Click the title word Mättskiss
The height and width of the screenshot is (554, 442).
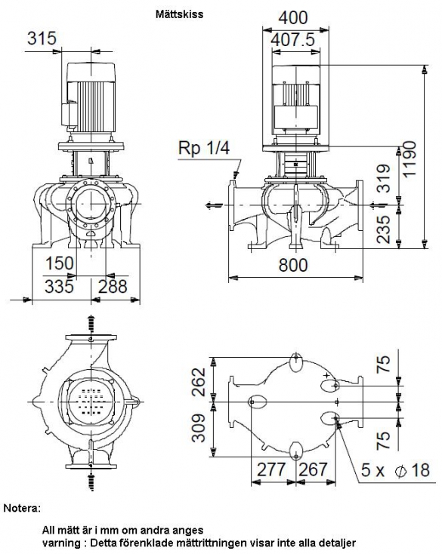(179, 14)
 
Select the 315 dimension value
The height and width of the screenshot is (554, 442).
(42, 38)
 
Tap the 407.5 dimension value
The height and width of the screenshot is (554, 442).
(293, 39)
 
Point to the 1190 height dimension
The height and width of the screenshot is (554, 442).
(410, 159)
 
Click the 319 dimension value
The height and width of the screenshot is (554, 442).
(384, 178)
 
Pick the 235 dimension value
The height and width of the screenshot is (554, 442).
(384, 229)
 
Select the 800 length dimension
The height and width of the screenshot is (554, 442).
(293, 265)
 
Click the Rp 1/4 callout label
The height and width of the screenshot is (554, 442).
(204, 148)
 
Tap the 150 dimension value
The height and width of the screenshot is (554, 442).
(60, 263)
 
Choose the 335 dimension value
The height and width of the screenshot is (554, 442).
(59, 286)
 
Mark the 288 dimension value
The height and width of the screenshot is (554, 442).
(113, 286)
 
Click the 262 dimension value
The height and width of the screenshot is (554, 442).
(199, 382)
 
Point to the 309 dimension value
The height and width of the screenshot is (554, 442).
(199, 428)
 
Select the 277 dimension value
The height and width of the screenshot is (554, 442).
(271, 469)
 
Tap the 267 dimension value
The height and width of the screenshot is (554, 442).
(313, 469)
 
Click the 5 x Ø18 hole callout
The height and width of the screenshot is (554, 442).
(395, 470)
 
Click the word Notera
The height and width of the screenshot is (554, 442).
(22, 509)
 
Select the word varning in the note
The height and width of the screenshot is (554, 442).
(62, 543)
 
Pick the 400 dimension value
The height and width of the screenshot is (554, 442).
(293, 17)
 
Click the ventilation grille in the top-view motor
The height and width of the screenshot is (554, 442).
(91, 402)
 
